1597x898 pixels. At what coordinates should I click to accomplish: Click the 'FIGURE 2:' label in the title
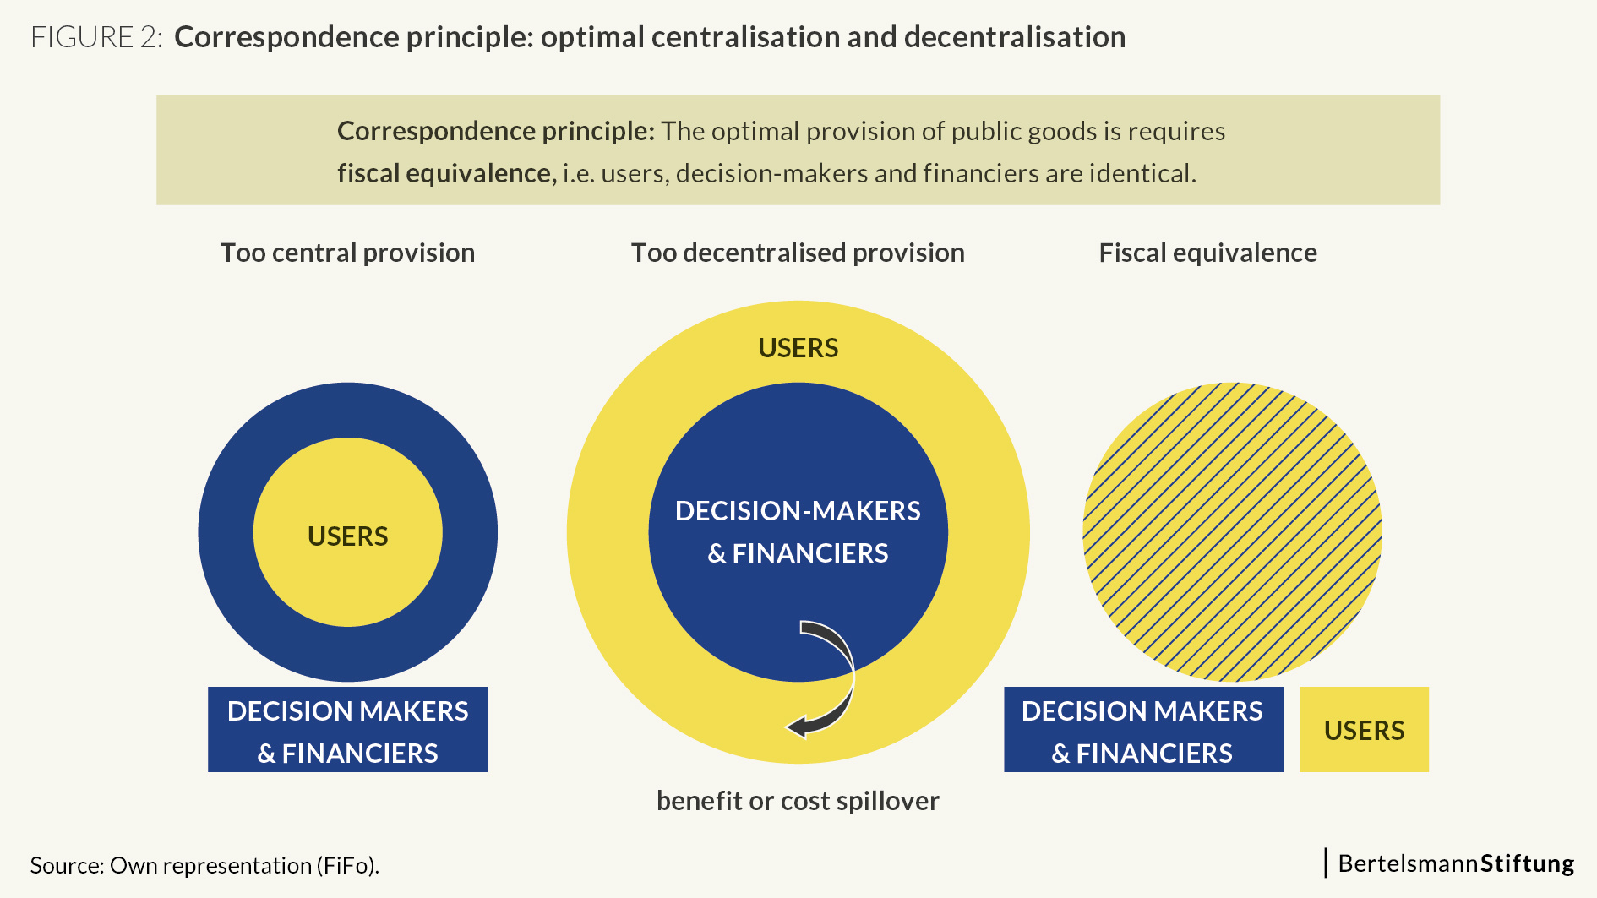tap(96, 37)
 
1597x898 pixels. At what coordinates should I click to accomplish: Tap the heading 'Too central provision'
tap(347, 253)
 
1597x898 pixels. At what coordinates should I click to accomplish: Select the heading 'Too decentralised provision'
tap(798, 253)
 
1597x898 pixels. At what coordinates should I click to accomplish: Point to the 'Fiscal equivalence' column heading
tap(1207, 253)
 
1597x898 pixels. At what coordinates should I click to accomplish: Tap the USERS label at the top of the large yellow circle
tap(798, 348)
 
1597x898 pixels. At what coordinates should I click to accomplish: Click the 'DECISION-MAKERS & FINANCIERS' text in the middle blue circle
tap(798, 531)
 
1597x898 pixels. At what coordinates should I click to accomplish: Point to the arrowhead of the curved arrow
tap(796, 726)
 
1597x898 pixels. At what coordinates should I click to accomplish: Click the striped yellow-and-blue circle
tap(1232, 532)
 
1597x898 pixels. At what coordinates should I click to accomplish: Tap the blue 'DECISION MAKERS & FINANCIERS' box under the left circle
tap(347, 729)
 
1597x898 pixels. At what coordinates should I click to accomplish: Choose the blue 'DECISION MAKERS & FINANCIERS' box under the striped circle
tap(1143, 729)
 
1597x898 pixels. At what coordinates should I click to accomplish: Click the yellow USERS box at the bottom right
tap(1364, 729)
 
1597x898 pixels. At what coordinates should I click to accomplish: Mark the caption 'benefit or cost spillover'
tap(798, 801)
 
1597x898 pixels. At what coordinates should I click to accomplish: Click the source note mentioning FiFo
tap(204, 865)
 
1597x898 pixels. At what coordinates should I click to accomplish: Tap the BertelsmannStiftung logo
tap(1450, 863)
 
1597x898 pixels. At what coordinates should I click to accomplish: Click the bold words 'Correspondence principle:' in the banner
tap(496, 131)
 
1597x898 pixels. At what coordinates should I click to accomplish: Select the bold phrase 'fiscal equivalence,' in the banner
tap(447, 173)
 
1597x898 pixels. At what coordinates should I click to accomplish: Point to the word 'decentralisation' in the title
tap(1015, 37)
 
